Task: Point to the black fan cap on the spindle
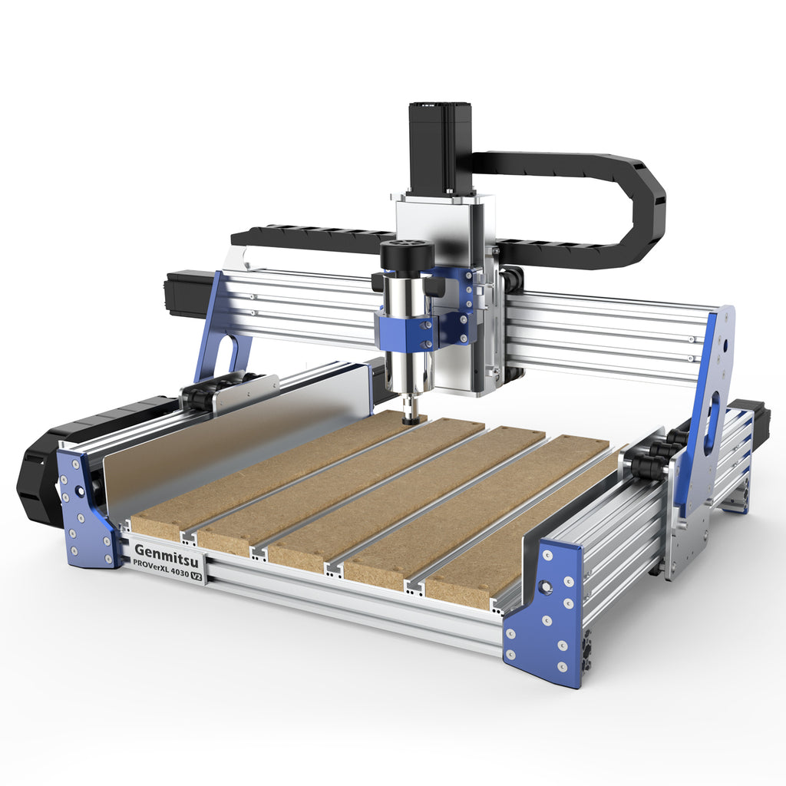tap(407, 256)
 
